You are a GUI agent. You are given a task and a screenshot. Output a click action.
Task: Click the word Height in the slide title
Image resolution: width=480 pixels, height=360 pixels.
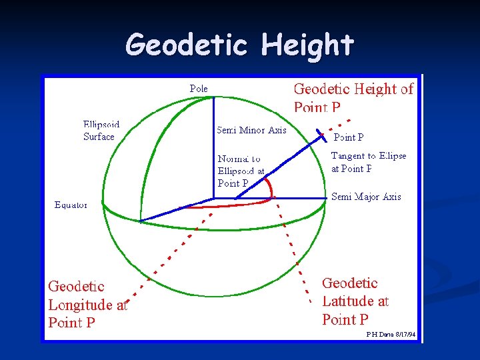click(x=307, y=45)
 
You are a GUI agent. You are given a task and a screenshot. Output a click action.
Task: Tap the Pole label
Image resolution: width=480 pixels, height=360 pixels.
click(x=199, y=89)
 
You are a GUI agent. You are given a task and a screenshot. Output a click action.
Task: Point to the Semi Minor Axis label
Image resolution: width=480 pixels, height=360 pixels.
click(x=251, y=130)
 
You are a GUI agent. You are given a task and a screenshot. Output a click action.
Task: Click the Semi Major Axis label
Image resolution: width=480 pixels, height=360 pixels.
click(x=366, y=197)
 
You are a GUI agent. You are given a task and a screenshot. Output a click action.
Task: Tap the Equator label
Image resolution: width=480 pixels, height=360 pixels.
click(x=71, y=205)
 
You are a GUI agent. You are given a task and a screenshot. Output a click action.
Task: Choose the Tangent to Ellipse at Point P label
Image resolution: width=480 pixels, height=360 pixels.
click(x=368, y=162)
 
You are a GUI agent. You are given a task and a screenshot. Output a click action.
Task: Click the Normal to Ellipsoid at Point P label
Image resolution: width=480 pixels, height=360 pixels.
click(x=241, y=171)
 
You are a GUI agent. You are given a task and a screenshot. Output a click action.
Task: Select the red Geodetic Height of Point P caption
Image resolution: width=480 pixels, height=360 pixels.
click(x=353, y=97)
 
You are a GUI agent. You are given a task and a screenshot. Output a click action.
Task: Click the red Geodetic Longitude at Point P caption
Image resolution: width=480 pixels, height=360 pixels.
click(x=87, y=305)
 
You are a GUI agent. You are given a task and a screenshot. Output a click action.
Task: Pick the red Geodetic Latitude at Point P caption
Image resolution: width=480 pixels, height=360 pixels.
click(x=355, y=301)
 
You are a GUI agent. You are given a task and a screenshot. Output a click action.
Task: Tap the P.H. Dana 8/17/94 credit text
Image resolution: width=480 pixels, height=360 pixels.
click(x=391, y=334)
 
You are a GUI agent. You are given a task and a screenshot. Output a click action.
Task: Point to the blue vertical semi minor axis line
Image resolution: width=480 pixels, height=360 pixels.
click(x=213, y=147)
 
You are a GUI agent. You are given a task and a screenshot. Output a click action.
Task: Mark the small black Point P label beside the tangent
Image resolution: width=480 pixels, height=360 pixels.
click(x=348, y=138)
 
